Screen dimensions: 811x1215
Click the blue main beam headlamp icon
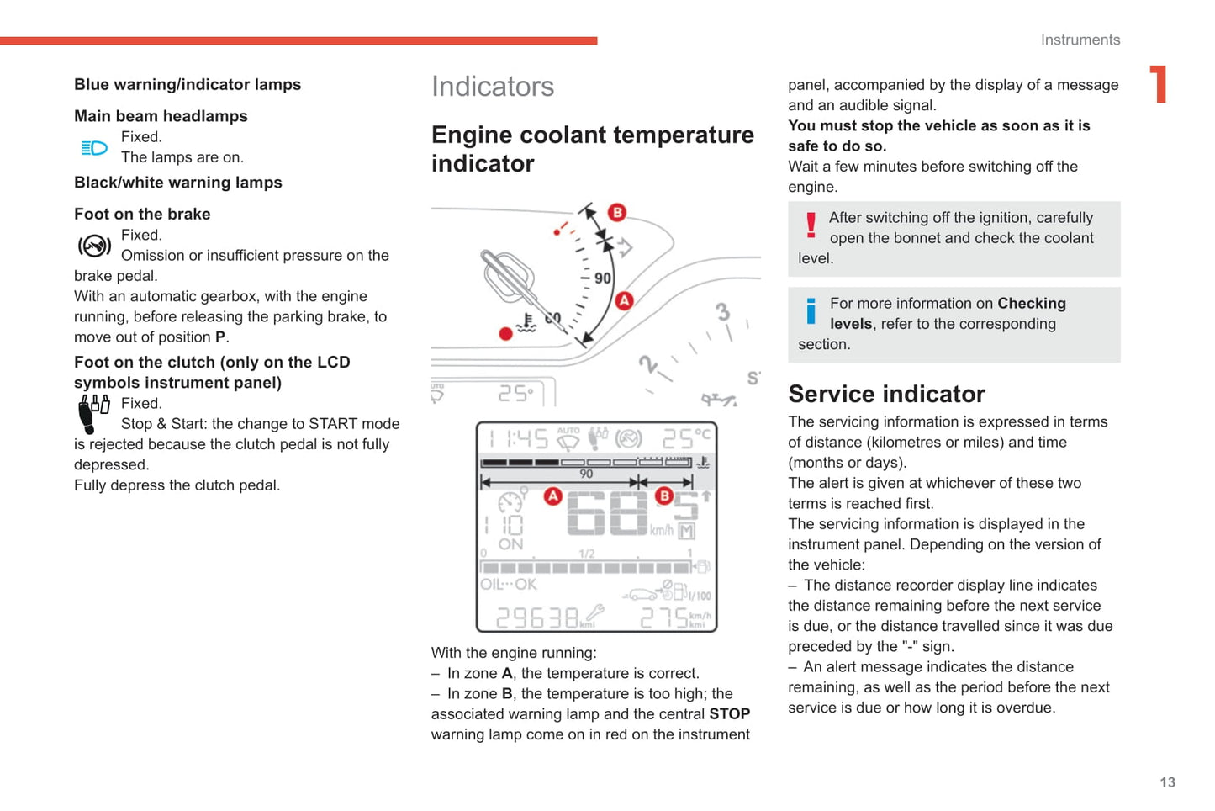(94, 148)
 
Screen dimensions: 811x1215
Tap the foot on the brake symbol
(94, 246)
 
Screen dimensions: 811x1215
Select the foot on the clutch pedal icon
(92, 413)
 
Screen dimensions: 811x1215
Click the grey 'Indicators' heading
(493, 87)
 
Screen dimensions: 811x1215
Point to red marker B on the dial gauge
(617, 212)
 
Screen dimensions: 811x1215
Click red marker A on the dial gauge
(624, 300)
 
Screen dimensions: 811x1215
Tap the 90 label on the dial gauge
(603, 278)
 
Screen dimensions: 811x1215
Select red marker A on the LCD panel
(552, 496)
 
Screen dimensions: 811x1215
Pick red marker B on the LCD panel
(664, 496)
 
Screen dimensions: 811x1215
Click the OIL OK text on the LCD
(509, 585)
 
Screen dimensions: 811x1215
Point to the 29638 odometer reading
(537, 618)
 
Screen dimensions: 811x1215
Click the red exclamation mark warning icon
(811, 225)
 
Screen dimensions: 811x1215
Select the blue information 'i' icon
(811, 310)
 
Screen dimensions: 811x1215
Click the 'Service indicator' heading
(886, 394)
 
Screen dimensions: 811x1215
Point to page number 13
(1167, 782)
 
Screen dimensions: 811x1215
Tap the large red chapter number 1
(1160, 84)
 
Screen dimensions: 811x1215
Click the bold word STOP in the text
(729, 714)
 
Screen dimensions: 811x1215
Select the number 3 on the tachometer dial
(722, 312)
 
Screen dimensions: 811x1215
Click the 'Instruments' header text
(1080, 40)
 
